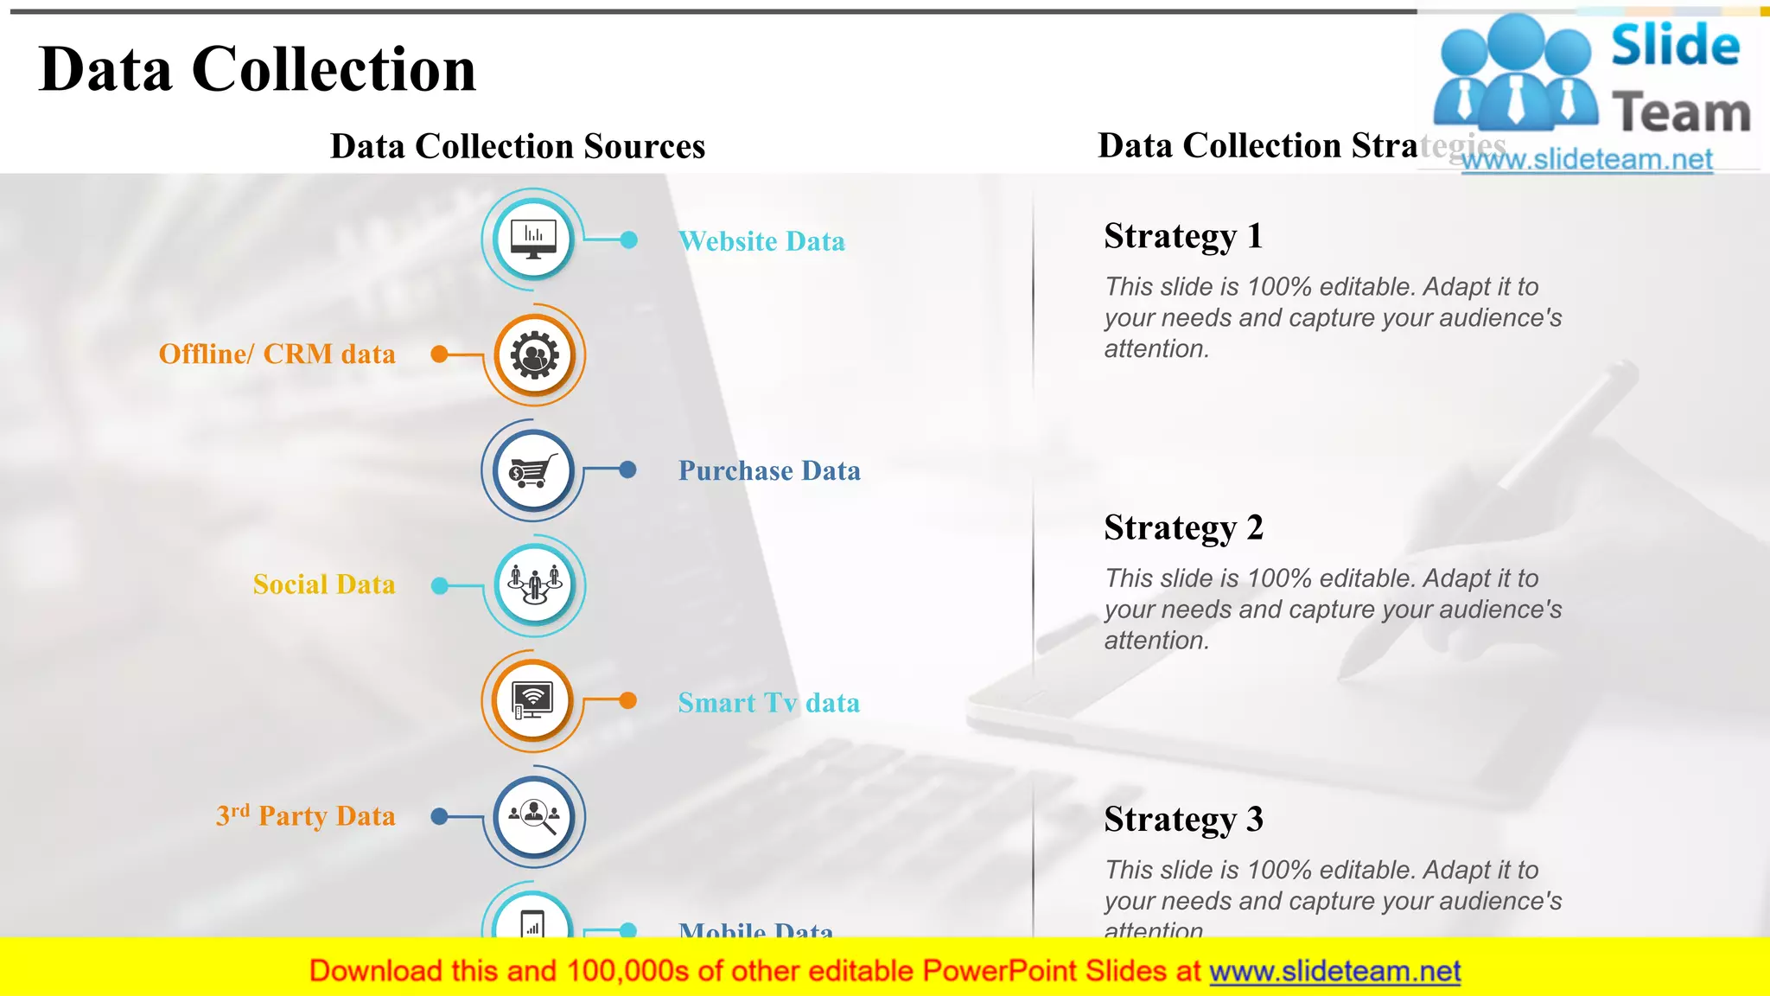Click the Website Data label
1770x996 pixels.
point(761,241)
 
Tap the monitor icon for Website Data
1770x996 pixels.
point(533,238)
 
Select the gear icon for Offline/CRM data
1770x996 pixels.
point(534,355)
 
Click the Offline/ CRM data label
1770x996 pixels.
point(277,354)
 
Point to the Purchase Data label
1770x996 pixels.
point(769,470)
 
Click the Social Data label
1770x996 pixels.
point(324,584)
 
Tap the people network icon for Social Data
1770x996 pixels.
point(534,586)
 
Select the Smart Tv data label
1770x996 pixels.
point(768,703)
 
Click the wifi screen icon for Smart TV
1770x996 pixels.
point(533,700)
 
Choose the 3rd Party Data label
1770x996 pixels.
point(306,815)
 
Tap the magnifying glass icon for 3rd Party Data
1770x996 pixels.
point(534,816)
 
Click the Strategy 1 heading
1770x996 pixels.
point(1183,236)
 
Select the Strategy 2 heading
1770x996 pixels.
point(1183,527)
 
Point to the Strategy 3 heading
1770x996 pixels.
point(1183,819)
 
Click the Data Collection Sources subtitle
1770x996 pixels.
point(518,146)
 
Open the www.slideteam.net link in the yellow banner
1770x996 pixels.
point(1334,971)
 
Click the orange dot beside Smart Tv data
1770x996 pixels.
point(628,700)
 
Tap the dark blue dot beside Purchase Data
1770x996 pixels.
point(628,469)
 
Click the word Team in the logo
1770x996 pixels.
point(1680,114)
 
